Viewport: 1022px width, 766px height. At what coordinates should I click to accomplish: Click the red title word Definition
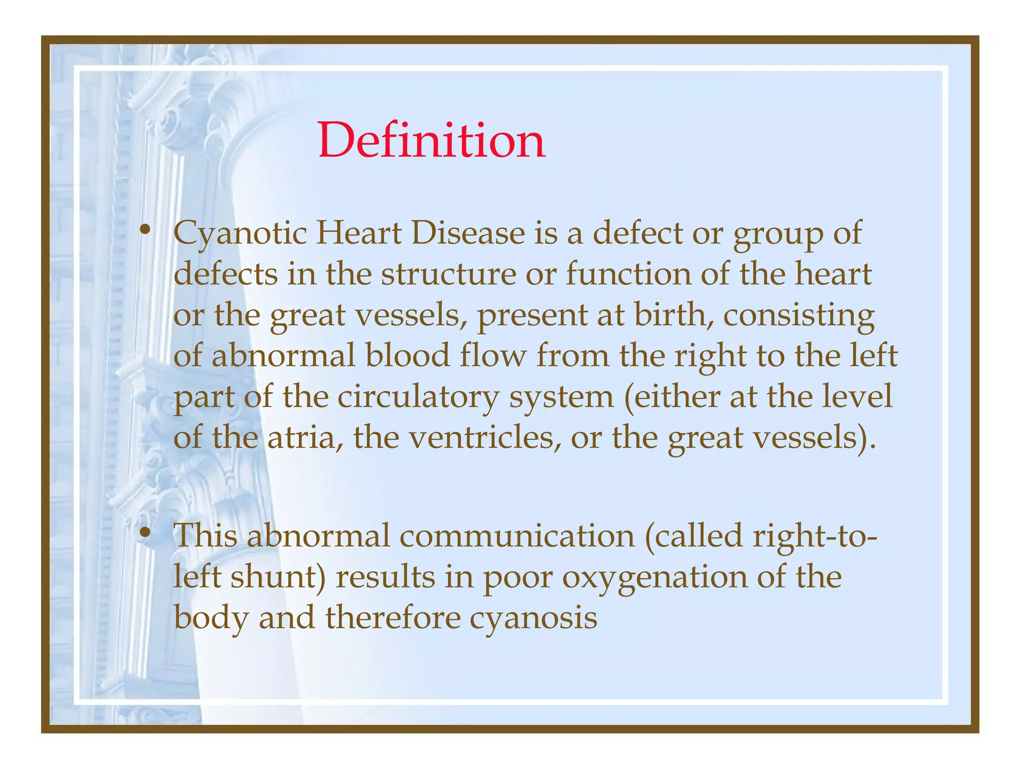point(432,141)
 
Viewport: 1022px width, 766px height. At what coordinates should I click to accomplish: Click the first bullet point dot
point(145,230)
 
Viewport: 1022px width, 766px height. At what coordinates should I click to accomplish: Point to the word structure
point(448,274)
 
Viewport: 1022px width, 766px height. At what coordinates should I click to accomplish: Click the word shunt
point(277,577)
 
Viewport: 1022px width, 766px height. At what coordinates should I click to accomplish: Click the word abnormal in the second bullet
point(317,536)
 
